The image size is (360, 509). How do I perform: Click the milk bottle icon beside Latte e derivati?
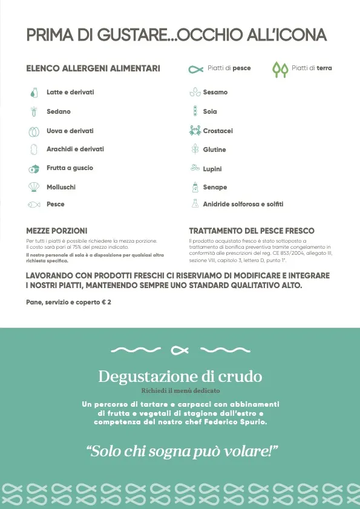coord(34,93)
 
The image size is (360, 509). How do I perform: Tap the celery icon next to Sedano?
coord(34,112)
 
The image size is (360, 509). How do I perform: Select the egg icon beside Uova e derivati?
coord(34,131)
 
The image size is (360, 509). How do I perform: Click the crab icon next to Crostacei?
coord(195,131)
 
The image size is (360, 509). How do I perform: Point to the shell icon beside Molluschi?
coord(34,187)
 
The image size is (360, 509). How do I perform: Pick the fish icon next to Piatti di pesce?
coord(196,68)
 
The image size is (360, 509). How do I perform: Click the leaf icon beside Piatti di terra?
coord(280,69)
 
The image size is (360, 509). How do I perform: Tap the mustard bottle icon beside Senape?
coord(195,187)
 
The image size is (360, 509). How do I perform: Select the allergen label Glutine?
coord(214,149)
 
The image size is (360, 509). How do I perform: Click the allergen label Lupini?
coord(212,169)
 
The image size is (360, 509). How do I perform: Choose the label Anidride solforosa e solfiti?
coord(243,205)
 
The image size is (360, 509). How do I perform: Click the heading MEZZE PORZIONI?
coord(57,231)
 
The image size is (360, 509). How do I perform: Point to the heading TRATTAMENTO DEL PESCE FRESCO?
coord(252,231)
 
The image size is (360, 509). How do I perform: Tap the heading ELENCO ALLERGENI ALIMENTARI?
coord(93,68)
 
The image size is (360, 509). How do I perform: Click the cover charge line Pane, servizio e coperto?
coord(68,301)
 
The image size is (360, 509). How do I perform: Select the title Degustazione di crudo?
coord(180,376)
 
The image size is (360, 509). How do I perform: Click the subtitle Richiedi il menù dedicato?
coord(180,391)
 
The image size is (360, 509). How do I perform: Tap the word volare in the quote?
coord(253,451)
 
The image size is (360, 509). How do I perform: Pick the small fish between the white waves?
coord(179,350)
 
